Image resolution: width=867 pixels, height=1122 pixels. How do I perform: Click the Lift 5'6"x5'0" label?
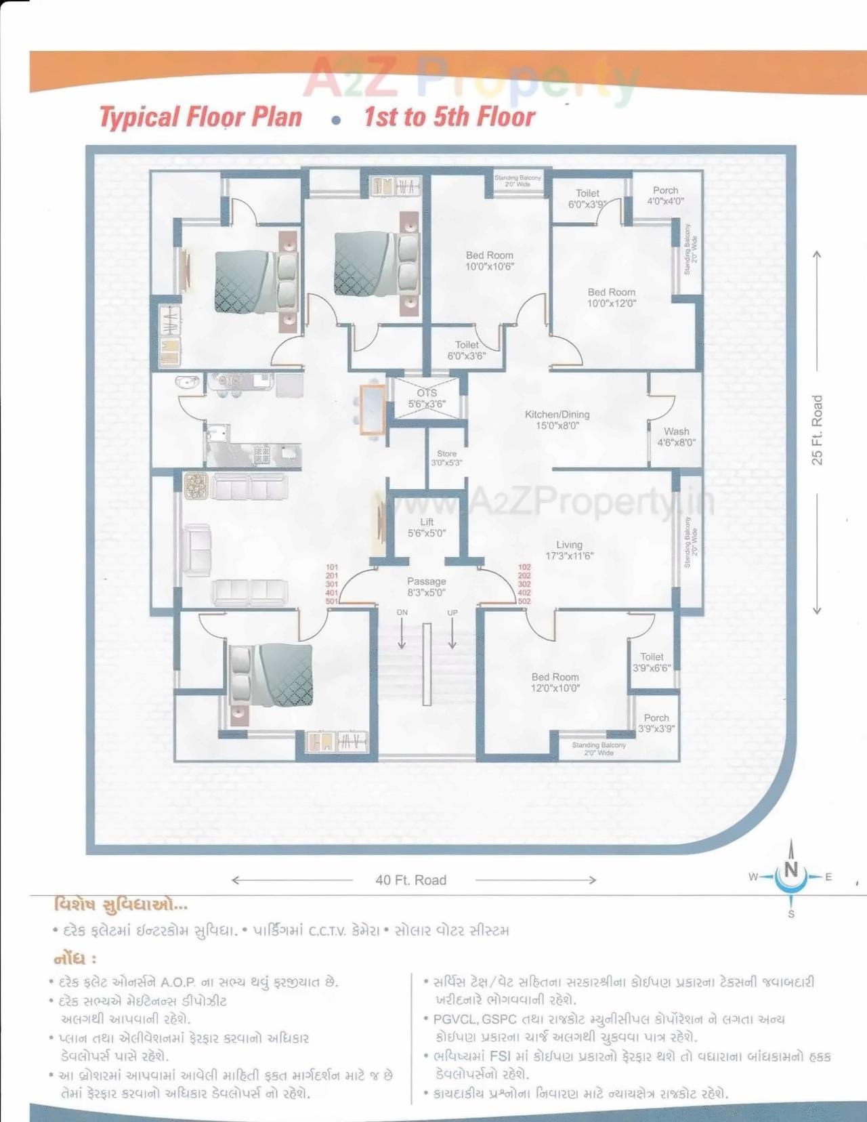click(427, 528)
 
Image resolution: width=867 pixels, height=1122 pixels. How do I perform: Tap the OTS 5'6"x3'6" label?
click(427, 398)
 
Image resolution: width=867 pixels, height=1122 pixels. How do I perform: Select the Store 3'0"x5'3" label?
click(446, 459)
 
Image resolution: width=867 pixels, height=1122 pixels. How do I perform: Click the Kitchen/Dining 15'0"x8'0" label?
click(557, 420)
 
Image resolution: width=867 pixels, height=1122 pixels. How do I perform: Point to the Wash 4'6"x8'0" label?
click(676, 437)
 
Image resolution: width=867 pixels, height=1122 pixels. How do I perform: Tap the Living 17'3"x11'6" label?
click(569, 550)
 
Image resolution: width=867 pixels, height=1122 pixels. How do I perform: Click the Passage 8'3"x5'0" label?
click(427, 587)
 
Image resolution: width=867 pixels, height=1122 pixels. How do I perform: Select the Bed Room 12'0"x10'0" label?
click(555, 682)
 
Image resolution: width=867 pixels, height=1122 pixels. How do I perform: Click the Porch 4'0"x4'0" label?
click(665, 196)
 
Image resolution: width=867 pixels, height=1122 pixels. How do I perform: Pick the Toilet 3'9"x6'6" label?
click(652, 662)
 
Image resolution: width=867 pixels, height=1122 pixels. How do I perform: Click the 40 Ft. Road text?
click(411, 880)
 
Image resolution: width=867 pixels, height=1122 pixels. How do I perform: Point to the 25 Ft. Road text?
click(818, 430)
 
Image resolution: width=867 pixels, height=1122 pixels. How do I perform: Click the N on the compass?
click(791, 869)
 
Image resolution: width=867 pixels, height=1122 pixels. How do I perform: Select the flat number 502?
click(524, 601)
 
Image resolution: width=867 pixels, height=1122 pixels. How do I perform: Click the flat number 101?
click(332, 567)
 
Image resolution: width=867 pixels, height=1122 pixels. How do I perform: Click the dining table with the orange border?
click(372, 409)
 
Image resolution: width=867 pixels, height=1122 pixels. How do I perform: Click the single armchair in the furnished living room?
click(196, 549)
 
